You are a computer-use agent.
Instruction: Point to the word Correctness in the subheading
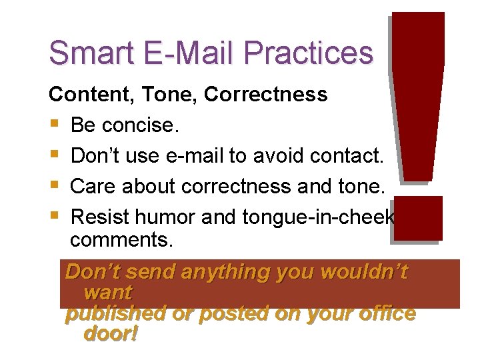click(266, 95)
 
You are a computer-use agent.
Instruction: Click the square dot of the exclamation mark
click(417, 218)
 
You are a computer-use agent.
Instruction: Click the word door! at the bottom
click(111, 333)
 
